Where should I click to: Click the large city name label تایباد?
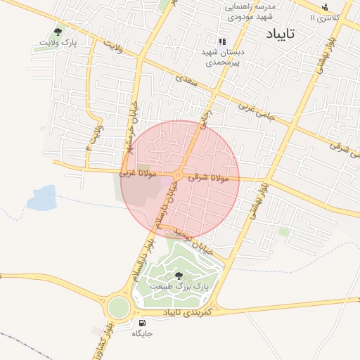pyautogui.click(x=281, y=33)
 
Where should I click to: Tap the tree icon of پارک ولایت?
pyautogui.click(x=58, y=32)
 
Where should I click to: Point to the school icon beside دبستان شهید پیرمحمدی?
pyautogui.click(x=222, y=41)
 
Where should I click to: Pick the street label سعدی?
pyautogui.click(x=186, y=79)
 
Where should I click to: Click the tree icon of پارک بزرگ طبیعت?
pyautogui.click(x=176, y=274)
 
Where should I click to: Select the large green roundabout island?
pyautogui.click(x=119, y=307)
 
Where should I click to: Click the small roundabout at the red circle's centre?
pyautogui.click(x=179, y=176)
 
